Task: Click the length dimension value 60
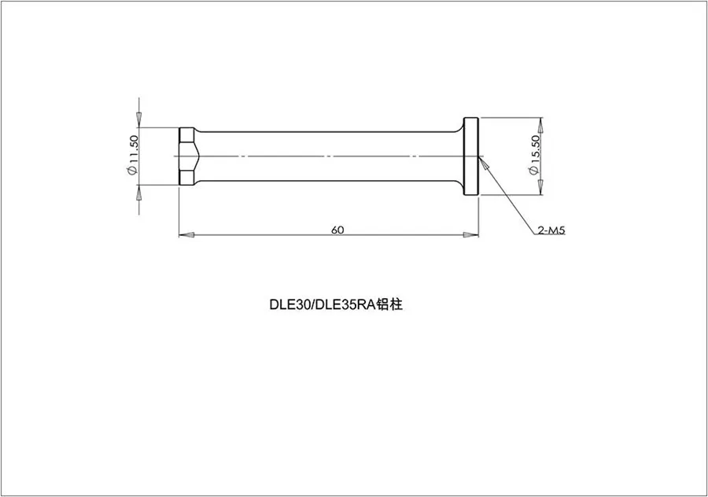[x=337, y=230]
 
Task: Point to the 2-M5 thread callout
[x=552, y=230]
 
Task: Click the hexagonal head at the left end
[x=187, y=156]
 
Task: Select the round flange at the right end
[x=470, y=156]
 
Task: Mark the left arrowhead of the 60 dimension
[x=185, y=234]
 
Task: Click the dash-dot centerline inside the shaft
[x=330, y=156]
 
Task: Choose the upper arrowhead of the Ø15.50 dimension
[x=540, y=126]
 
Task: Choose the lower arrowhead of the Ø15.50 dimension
[x=540, y=187]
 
